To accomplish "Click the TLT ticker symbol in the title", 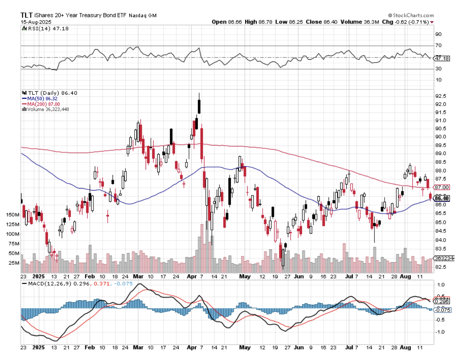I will (x=27, y=15).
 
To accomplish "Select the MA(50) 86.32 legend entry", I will (x=39, y=98).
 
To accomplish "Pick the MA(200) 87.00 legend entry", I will (x=41, y=104).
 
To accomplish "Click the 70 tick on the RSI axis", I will (x=438, y=46).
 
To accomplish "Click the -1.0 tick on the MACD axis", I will (x=439, y=332).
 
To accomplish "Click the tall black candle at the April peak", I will (x=199, y=106).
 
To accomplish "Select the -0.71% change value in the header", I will (x=419, y=22).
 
